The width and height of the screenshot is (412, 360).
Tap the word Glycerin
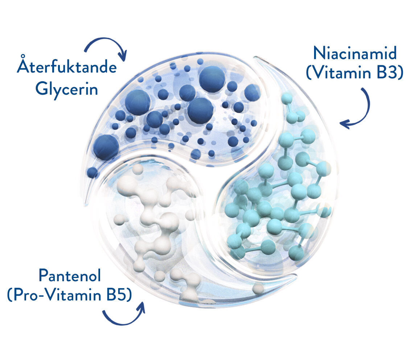[67, 89]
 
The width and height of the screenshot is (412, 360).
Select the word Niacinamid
[355, 53]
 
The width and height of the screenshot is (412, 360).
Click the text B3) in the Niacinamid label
[390, 72]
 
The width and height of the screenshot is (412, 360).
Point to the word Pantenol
[70, 275]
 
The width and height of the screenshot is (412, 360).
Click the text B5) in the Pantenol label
[119, 295]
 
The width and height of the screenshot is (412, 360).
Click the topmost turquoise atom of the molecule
[287, 98]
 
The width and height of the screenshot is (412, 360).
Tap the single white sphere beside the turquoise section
[258, 289]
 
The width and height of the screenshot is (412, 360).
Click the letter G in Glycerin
[41, 89]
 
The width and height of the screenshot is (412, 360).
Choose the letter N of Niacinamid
[319, 53]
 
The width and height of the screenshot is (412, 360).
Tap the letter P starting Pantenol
[44, 275]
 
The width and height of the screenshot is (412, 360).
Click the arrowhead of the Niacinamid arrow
[345, 124]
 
